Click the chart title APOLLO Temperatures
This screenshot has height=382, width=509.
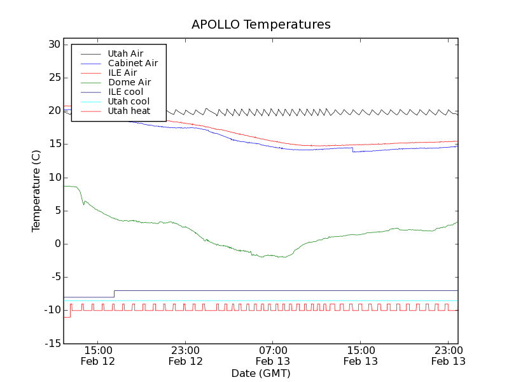[x=261, y=25]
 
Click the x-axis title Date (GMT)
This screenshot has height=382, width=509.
[x=260, y=373]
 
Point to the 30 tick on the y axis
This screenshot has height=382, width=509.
[x=53, y=45]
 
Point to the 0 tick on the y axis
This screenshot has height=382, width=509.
[x=57, y=244]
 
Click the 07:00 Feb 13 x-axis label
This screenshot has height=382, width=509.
[x=273, y=355]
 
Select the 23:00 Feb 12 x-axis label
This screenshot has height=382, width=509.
[x=185, y=355]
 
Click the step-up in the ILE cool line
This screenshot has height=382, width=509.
[x=114, y=294]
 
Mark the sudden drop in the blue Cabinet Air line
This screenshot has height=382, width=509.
[x=352, y=150]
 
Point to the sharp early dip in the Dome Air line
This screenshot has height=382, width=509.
[x=83, y=204]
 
